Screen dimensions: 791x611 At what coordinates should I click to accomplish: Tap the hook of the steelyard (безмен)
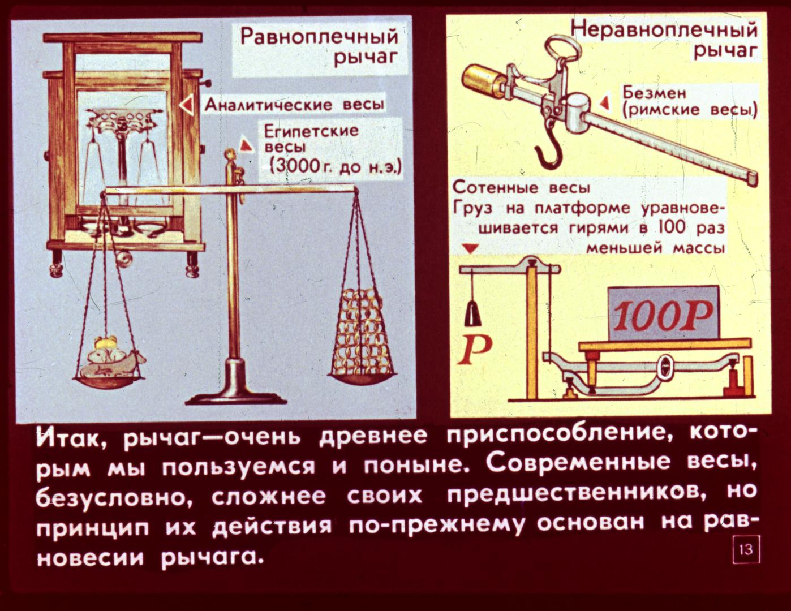549,152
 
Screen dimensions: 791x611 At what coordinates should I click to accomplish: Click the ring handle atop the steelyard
564,48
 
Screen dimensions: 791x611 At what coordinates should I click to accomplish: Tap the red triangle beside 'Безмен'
605,102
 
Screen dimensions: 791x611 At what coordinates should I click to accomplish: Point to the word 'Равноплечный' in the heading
319,37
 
